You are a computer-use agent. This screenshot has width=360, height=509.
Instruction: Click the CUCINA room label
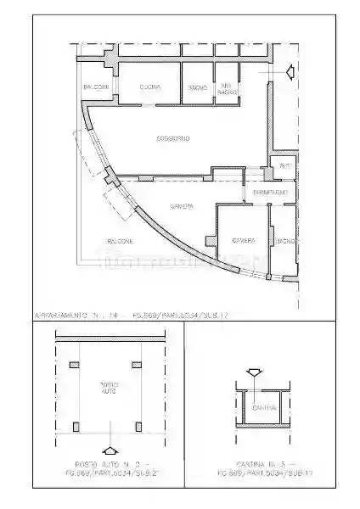click(x=150, y=87)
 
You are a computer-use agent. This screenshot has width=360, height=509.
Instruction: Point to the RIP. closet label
click(x=284, y=166)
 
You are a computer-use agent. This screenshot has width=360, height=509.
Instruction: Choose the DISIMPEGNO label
click(x=271, y=193)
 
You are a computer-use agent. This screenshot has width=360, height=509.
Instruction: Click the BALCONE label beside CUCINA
click(x=95, y=87)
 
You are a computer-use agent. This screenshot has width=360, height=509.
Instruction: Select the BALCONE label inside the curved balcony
click(x=120, y=241)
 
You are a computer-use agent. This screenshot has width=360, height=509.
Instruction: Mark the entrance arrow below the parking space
click(x=108, y=451)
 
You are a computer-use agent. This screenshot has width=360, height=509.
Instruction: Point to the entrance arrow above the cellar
click(x=253, y=372)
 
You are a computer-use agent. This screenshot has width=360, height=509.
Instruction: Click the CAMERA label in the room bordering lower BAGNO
click(x=245, y=241)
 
